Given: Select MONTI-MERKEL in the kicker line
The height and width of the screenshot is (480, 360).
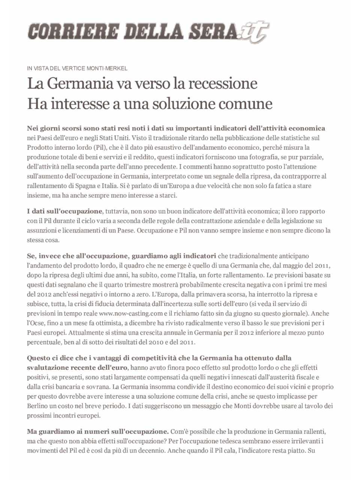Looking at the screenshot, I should point(107,68).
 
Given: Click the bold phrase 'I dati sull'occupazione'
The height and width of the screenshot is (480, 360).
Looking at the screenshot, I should point(64,211).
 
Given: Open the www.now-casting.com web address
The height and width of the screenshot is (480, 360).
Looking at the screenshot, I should point(130,313).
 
